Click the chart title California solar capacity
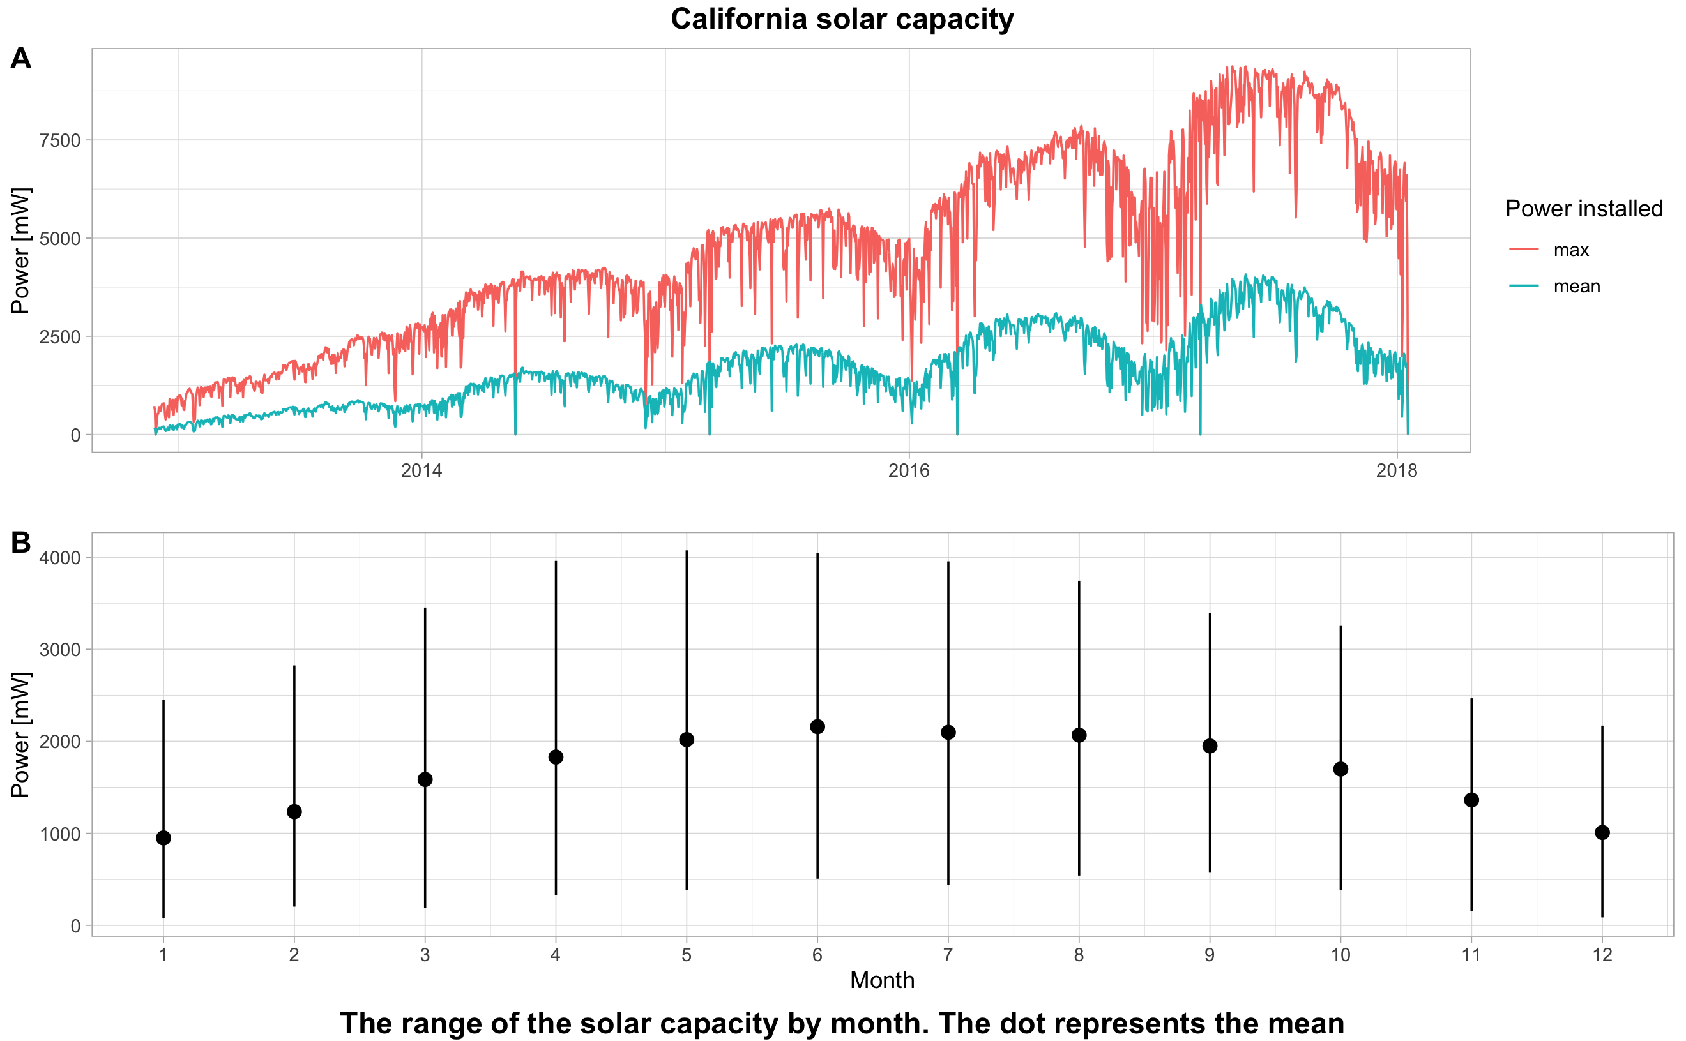842,19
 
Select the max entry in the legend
1570,250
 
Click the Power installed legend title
1583,209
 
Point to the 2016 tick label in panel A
908,471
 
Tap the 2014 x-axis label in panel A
421,471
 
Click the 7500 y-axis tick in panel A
60,140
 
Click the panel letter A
20,59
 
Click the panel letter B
20,543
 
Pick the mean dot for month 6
817,727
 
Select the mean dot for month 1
163,838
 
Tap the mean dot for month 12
1602,833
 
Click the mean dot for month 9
1210,746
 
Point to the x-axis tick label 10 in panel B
1340,955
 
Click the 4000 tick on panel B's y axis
60,558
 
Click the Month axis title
882,980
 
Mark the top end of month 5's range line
687,551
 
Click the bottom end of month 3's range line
425,907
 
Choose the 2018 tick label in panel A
1396,471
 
